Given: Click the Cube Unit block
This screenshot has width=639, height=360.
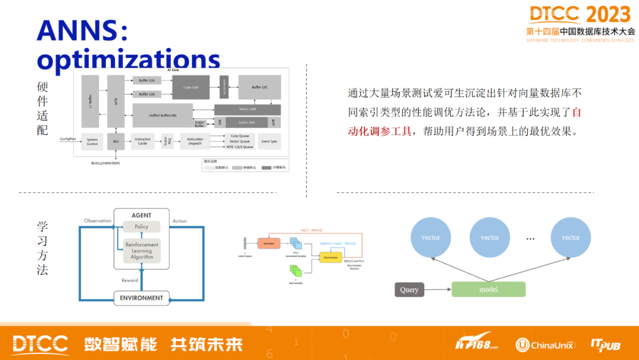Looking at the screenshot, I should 191,87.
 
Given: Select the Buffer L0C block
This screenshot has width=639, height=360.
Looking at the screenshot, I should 260,87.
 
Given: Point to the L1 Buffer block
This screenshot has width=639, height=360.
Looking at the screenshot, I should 91,101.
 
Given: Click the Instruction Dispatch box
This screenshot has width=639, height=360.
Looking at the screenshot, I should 195,142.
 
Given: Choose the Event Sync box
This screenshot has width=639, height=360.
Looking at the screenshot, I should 269,142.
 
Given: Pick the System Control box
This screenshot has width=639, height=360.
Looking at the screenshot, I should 92,142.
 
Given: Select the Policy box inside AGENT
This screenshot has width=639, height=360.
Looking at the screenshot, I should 141,227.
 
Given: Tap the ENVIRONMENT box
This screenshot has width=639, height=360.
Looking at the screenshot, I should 141,298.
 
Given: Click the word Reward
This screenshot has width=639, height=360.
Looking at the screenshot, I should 130,280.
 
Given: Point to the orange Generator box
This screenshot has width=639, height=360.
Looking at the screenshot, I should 268,243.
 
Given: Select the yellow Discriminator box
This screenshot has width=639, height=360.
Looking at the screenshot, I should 331,257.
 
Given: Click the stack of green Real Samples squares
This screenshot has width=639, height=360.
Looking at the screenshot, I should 296,271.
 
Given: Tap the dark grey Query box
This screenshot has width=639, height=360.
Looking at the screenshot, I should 409,290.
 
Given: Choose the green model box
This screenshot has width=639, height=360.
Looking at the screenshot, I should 488,290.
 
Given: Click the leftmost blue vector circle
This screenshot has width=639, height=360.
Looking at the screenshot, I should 431,237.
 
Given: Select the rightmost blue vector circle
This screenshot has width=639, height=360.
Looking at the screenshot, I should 570,237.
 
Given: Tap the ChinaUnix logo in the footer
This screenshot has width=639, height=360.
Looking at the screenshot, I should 544,344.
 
